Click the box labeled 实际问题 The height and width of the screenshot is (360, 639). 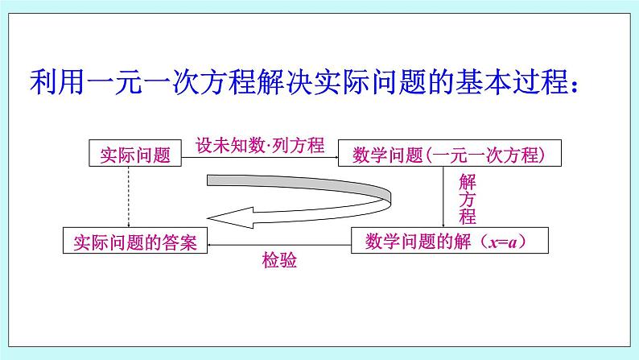135,155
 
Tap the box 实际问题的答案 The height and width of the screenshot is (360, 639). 134,241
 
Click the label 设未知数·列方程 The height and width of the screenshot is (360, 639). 260,145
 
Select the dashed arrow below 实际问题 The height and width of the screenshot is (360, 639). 129,197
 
